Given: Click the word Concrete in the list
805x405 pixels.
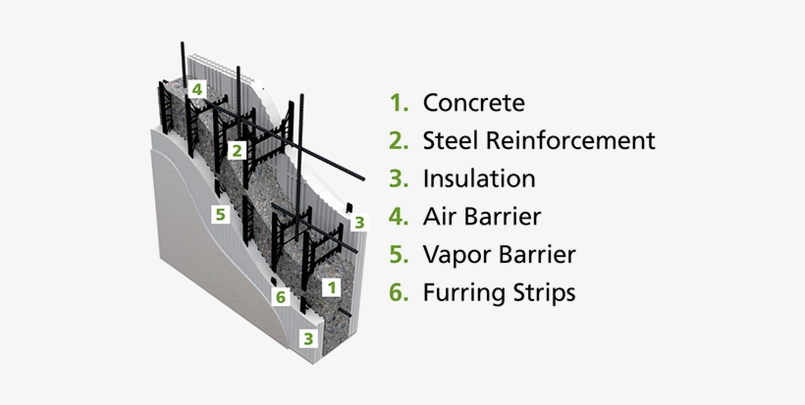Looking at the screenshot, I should (x=473, y=103).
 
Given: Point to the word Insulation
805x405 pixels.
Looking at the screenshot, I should (x=479, y=178).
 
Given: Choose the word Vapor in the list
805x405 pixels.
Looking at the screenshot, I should (x=456, y=255).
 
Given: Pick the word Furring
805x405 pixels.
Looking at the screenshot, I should (x=464, y=292).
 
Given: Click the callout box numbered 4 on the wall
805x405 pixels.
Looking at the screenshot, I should (x=197, y=89).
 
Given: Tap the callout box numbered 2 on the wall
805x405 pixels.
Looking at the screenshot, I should (x=237, y=150).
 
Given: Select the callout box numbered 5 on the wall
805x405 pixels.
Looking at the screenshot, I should (x=222, y=212).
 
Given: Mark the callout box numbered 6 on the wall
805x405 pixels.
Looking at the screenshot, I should (x=281, y=296).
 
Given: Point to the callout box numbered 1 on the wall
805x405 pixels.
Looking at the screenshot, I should (x=332, y=287).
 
